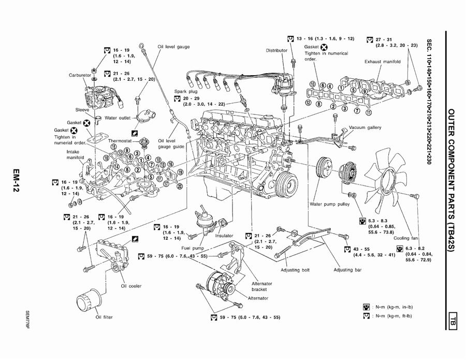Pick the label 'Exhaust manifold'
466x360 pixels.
tap(382, 62)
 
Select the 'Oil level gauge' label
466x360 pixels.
tap(173, 47)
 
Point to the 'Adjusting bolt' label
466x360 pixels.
tap(295, 270)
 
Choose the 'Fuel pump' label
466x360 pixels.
tap(192, 248)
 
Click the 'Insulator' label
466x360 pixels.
tap(225, 236)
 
